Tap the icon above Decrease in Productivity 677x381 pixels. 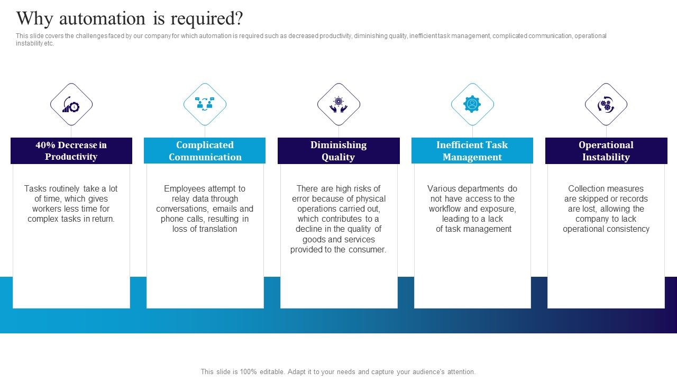(x=71, y=104)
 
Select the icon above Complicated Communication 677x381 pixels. (x=205, y=104)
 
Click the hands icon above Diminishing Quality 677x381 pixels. (x=338, y=104)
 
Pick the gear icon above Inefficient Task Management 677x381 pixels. (x=472, y=104)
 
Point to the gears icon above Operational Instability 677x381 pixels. (x=606, y=104)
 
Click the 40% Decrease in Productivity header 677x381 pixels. (x=71, y=151)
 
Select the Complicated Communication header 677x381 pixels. (x=205, y=151)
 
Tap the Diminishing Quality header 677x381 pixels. (x=338, y=151)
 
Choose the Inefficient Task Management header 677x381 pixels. (x=472, y=151)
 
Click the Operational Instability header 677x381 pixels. (x=606, y=151)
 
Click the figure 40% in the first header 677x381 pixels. (x=45, y=145)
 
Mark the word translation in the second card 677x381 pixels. (x=216, y=229)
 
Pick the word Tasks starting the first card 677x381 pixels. (x=35, y=188)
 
